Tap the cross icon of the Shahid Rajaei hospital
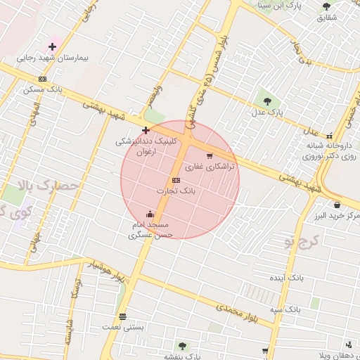pos(52,46)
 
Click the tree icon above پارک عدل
pos(266,99)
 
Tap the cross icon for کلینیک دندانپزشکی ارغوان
pos(146,130)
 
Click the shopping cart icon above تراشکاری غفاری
pos(209,156)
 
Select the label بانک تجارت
pos(176,191)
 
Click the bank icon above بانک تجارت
pos(176,180)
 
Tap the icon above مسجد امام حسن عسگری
pos(150,214)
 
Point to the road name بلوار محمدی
pos(240,314)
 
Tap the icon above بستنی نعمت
pos(123,316)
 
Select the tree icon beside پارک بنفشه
pos(183,345)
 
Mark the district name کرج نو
pos(302,242)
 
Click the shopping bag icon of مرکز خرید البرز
pos(337,205)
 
